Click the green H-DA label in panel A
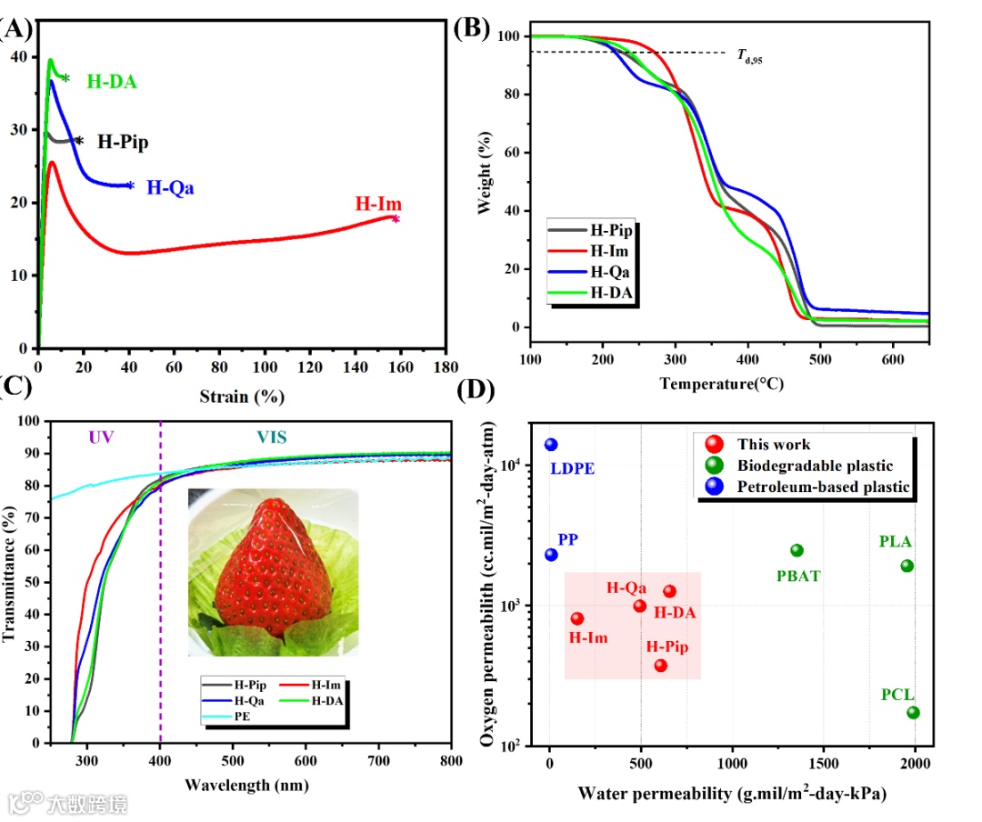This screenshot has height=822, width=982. coord(111,82)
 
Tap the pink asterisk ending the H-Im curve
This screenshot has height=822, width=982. coord(396,218)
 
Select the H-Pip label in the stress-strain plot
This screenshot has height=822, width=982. coord(123,142)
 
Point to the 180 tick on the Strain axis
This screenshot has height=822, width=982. coord(446,367)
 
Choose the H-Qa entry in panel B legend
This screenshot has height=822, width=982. coord(611,271)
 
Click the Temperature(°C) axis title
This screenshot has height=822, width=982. coord(722,383)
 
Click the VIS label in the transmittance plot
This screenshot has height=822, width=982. coord(270,438)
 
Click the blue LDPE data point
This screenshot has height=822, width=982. coord(551,445)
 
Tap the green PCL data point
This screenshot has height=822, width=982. coord(913,712)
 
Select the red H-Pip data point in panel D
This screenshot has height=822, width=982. coord(660,666)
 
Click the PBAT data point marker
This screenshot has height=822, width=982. coord(797,550)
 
